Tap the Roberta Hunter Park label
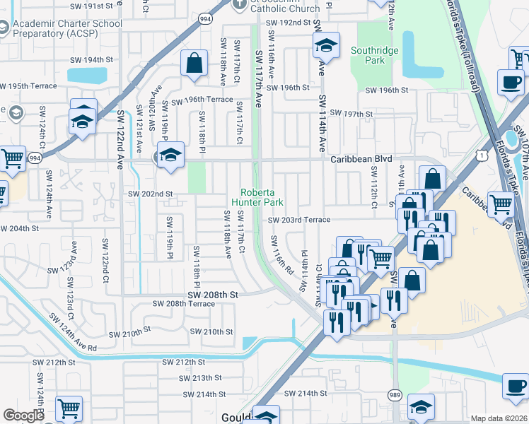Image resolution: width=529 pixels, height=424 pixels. pyautogui.click(x=262, y=197)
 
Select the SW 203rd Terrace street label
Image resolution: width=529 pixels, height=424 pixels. pyautogui.click(x=299, y=220)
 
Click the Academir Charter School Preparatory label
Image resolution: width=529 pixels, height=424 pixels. pyautogui.click(x=67, y=28)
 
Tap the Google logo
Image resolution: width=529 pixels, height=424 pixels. pyautogui.click(x=23, y=416)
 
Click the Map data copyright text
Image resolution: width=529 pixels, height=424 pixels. pyautogui.click(x=499, y=418)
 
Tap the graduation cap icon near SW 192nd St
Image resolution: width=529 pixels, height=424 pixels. pyautogui.click(x=325, y=47)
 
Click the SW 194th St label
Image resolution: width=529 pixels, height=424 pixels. pyautogui.click(x=103, y=60)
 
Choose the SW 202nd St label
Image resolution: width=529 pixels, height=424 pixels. pyautogui.click(x=150, y=194)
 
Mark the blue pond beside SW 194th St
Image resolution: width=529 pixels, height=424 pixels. pyautogui.click(x=87, y=75)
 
